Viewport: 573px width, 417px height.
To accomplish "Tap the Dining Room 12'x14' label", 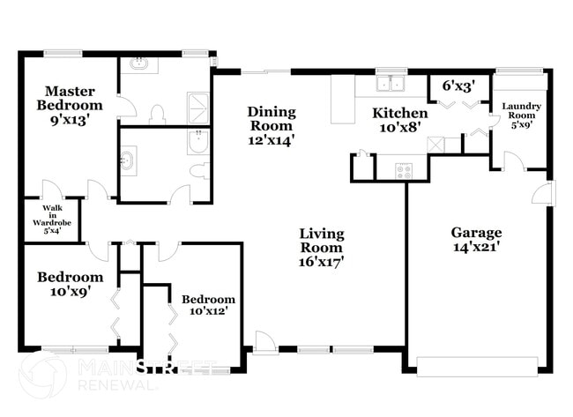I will pyautogui.click(x=271, y=125).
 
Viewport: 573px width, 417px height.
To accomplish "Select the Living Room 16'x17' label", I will pyautogui.click(x=321, y=247).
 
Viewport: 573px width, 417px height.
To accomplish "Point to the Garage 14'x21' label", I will pyautogui.click(x=476, y=240).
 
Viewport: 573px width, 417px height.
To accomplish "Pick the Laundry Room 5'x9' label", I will pyautogui.click(x=520, y=115).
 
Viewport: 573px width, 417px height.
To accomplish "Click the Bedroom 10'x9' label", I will pyautogui.click(x=70, y=284).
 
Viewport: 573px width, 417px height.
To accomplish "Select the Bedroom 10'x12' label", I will pyautogui.click(x=209, y=305).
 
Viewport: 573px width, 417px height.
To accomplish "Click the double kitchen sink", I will pyautogui.click(x=388, y=84).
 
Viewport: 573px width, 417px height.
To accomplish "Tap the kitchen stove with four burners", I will pyautogui.click(x=404, y=170).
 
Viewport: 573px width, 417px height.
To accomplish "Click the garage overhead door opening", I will pyautogui.click(x=477, y=365).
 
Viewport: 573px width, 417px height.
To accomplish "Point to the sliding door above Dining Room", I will pyautogui.click(x=264, y=71).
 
